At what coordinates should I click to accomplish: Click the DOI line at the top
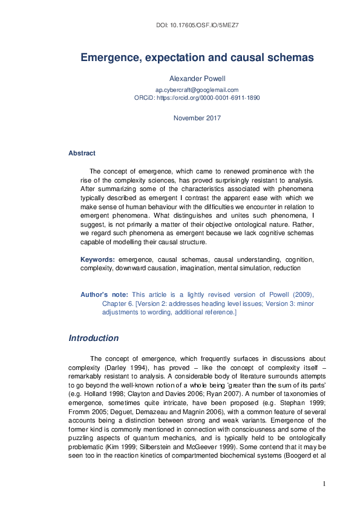tap(197, 26)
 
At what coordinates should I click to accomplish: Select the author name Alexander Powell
tap(197, 78)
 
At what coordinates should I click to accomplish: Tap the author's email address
tap(197, 89)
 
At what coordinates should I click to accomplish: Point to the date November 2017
tap(197, 118)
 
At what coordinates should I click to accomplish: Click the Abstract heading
tap(82, 154)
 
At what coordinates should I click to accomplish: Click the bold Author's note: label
tap(104, 294)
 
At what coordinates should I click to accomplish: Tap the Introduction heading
tap(94, 338)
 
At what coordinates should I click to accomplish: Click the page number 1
tap(324, 484)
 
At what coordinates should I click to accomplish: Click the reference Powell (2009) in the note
tap(291, 294)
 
